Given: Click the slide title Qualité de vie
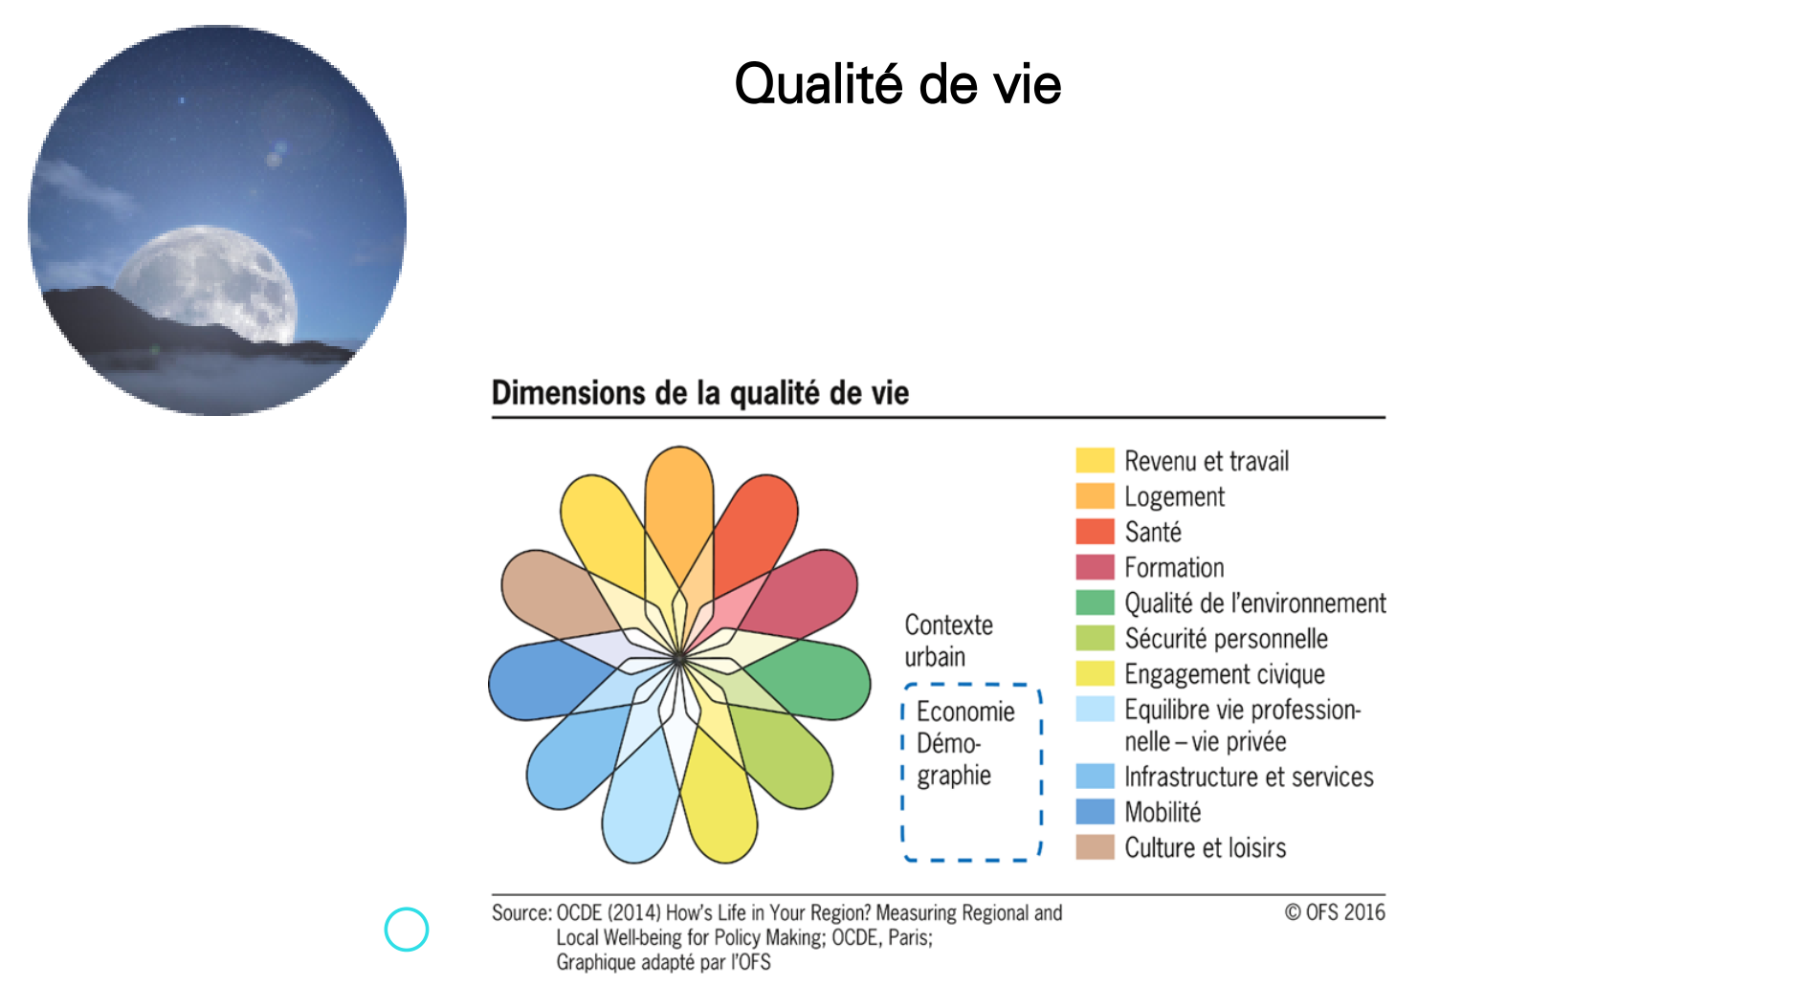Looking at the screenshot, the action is pos(897,84).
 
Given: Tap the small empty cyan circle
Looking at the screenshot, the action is pos(407,930).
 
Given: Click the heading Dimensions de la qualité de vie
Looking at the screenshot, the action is pos(700,393).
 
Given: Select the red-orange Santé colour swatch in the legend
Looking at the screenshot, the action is pos(1095,532).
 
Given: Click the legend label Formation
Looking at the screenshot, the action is pos(1174,568).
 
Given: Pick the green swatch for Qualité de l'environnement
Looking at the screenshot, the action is pos(1095,603).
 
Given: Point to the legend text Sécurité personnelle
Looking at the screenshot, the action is pos(1227,639).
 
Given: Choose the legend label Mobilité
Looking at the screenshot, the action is pos(1163,813).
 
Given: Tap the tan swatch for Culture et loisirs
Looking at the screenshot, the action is pos(1095,847).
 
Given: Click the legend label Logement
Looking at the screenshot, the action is pos(1174,497).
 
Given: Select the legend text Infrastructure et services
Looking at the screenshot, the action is pos(1249,778).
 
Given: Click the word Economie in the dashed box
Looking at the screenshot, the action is pos(965,712).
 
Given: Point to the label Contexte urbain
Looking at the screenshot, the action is pos(949,641).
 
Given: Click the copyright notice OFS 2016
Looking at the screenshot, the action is pos(1335,912).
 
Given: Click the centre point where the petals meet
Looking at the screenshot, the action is pos(679,659).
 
